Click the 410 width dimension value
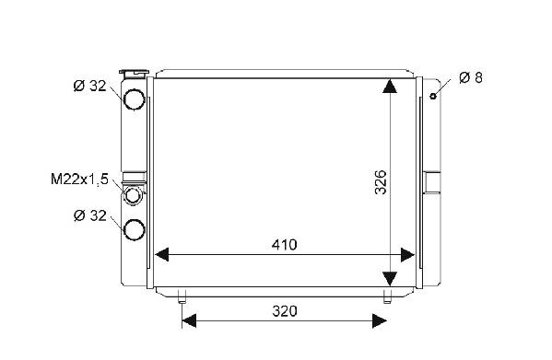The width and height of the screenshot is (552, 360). coord(284,245)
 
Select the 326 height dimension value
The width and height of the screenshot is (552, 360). coord(381,182)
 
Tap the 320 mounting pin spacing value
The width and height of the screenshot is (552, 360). coord(285,311)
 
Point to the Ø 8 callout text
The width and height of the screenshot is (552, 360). coord(471,77)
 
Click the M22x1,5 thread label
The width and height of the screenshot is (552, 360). coord(79,179)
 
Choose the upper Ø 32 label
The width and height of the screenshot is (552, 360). coord(89,86)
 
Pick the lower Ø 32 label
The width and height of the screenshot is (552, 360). coord(89,215)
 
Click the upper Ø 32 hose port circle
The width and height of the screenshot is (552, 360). coord(135,99)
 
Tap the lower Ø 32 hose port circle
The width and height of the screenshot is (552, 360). coord(135,229)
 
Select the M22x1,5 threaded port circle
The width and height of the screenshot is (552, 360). coord(133,195)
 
